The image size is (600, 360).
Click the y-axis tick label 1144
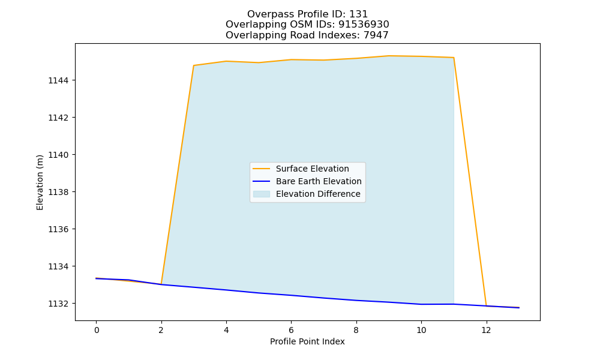pyautogui.click(x=58, y=80)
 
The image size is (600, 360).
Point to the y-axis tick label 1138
pyautogui.click(x=58, y=192)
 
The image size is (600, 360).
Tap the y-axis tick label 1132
pyautogui.click(x=58, y=304)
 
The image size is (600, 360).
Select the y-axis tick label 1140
pyautogui.click(x=58, y=155)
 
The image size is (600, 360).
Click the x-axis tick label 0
pyautogui.click(x=97, y=330)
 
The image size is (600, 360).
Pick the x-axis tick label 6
pyautogui.click(x=291, y=330)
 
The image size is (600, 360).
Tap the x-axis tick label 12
pyautogui.click(x=486, y=330)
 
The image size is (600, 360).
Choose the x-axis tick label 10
pyautogui.click(x=421, y=330)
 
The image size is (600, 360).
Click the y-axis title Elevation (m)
pyautogui.click(x=40, y=182)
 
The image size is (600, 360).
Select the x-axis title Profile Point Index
pyautogui.click(x=307, y=341)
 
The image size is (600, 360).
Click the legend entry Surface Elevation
pyautogui.click(x=312, y=169)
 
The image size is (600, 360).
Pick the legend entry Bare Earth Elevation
pyautogui.click(x=319, y=181)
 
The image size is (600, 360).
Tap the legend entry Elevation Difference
pyautogui.click(x=318, y=194)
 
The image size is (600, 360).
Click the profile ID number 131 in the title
pyautogui.click(x=359, y=14)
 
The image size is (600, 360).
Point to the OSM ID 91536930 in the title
pyautogui.click(x=364, y=25)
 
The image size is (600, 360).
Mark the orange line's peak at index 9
pyautogui.click(x=389, y=56)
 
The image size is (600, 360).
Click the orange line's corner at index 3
pyautogui.click(x=194, y=65)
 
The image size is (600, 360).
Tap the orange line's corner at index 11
pyautogui.click(x=454, y=58)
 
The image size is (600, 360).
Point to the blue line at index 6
pyautogui.click(x=291, y=295)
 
